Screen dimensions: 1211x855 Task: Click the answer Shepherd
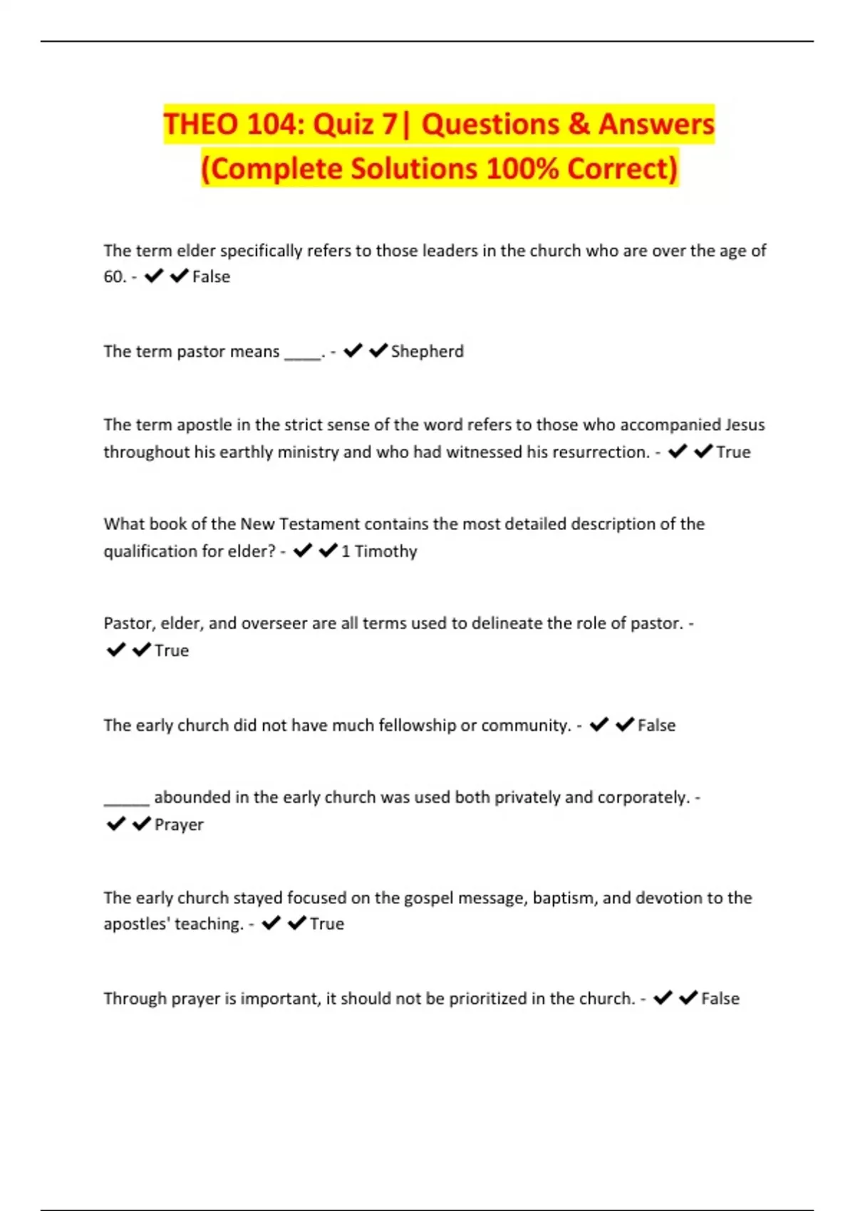(x=427, y=351)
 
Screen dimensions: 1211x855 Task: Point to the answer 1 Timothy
(x=379, y=551)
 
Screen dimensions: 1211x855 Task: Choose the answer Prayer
(x=179, y=824)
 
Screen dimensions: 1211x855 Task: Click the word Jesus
(x=745, y=425)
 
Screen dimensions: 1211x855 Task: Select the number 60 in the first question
(x=113, y=276)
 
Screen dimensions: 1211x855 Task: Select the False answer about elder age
(x=211, y=276)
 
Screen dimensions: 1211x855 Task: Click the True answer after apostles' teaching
(x=326, y=924)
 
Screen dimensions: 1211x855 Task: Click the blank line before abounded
(x=126, y=799)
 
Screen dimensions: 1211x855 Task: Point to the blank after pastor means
(x=303, y=354)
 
